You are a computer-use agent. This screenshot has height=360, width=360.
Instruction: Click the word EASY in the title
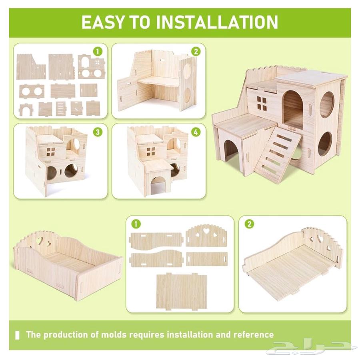pos(104,22)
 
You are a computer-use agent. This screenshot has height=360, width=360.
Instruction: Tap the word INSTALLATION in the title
pos(217,22)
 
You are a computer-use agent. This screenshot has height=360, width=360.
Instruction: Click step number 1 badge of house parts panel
pos(98,52)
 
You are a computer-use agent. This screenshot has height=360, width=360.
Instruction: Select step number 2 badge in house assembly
pos(196,52)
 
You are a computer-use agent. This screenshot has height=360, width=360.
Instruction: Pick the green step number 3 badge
pos(98,132)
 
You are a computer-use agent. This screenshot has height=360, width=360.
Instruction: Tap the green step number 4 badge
pos(196,132)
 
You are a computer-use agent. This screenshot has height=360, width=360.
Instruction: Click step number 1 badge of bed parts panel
pos(136,224)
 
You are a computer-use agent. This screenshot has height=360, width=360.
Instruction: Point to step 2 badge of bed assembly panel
pos(249,224)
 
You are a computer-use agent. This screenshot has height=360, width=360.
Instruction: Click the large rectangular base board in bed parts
pos(182,291)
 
